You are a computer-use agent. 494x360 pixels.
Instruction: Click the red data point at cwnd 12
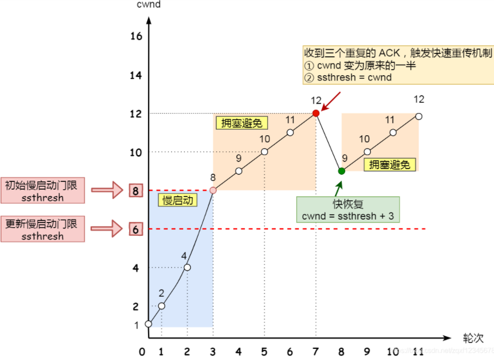(x=316, y=113)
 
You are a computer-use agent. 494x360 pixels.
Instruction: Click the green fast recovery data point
(x=341, y=171)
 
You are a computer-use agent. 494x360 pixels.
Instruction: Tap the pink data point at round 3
(x=213, y=190)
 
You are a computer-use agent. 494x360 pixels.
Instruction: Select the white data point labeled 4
(x=187, y=268)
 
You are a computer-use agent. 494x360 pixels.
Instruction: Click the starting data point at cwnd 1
(x=148, y=324)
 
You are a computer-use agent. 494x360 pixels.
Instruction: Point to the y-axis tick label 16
(x=136, y=37)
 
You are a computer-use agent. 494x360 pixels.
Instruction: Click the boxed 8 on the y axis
(x=135, y=191)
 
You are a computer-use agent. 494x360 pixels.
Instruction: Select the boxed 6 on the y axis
(x=135, y=229)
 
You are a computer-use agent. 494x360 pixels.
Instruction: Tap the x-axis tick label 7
(x=316, y=352)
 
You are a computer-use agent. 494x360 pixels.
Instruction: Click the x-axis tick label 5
(x=264, y=352)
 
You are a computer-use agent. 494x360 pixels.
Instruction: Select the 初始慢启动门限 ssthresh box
(x=42, y=191)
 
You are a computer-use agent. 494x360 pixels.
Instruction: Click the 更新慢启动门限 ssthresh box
(x=42, y=229)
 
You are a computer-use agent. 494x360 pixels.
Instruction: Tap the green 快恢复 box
(x=348, y=209)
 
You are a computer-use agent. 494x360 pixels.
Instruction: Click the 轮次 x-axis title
(x=471, y=338)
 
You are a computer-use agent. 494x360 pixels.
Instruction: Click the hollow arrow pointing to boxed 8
(x=106, y=190)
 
